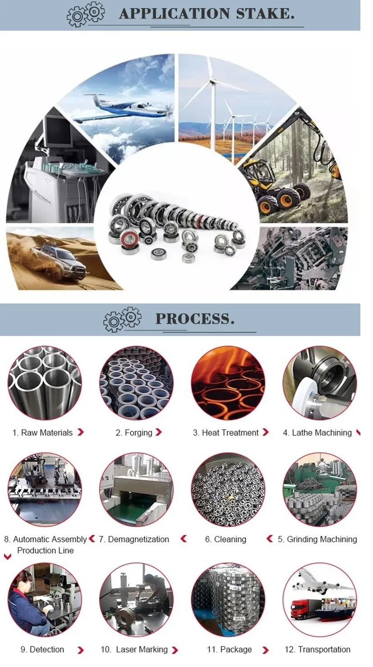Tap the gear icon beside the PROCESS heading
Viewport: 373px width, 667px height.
click(122, 319)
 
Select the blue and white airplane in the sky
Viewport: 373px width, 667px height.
click(124, 107)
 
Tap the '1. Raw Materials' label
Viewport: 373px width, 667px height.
click(42, 433)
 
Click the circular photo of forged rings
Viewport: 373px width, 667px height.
click(136, 383)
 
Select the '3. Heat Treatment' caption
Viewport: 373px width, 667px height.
click(226, 433)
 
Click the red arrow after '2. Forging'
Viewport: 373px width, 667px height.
click(159, 432)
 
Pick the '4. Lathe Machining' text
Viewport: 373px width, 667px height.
click(318, 433)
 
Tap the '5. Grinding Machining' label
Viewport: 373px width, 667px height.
click(318, 539)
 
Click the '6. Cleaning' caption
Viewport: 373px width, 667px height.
click(226, 539)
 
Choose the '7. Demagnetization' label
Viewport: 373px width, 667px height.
click(134, 539)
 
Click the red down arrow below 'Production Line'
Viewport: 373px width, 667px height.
click(8, 556)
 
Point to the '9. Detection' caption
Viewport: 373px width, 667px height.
click(42, 649)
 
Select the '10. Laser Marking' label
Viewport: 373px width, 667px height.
click(134, 649)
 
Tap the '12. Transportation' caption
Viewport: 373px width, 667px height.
click(318, 649)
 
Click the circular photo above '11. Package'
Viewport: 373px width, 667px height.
click(228, 600)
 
